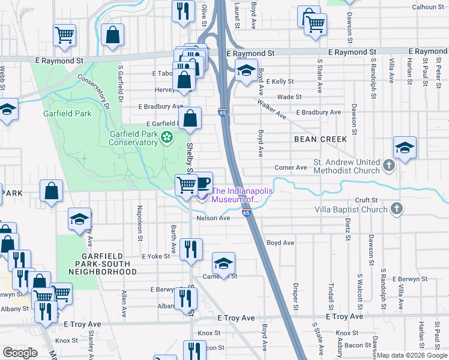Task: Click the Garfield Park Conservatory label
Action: click(133, 139)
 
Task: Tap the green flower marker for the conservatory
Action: click(167, 139)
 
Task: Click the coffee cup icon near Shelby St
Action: click(203, 181)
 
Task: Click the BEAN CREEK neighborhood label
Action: click(321, 139)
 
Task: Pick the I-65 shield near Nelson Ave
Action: click(246, 212)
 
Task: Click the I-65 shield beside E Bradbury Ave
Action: click(222, 112)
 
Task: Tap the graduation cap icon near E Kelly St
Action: click(246, 71)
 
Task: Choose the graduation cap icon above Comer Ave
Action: click(405, 148)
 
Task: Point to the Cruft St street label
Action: click(366, 200)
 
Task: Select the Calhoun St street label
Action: click(428, 7)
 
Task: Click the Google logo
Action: click(20, 353)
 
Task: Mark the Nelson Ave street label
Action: click(214, 218)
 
